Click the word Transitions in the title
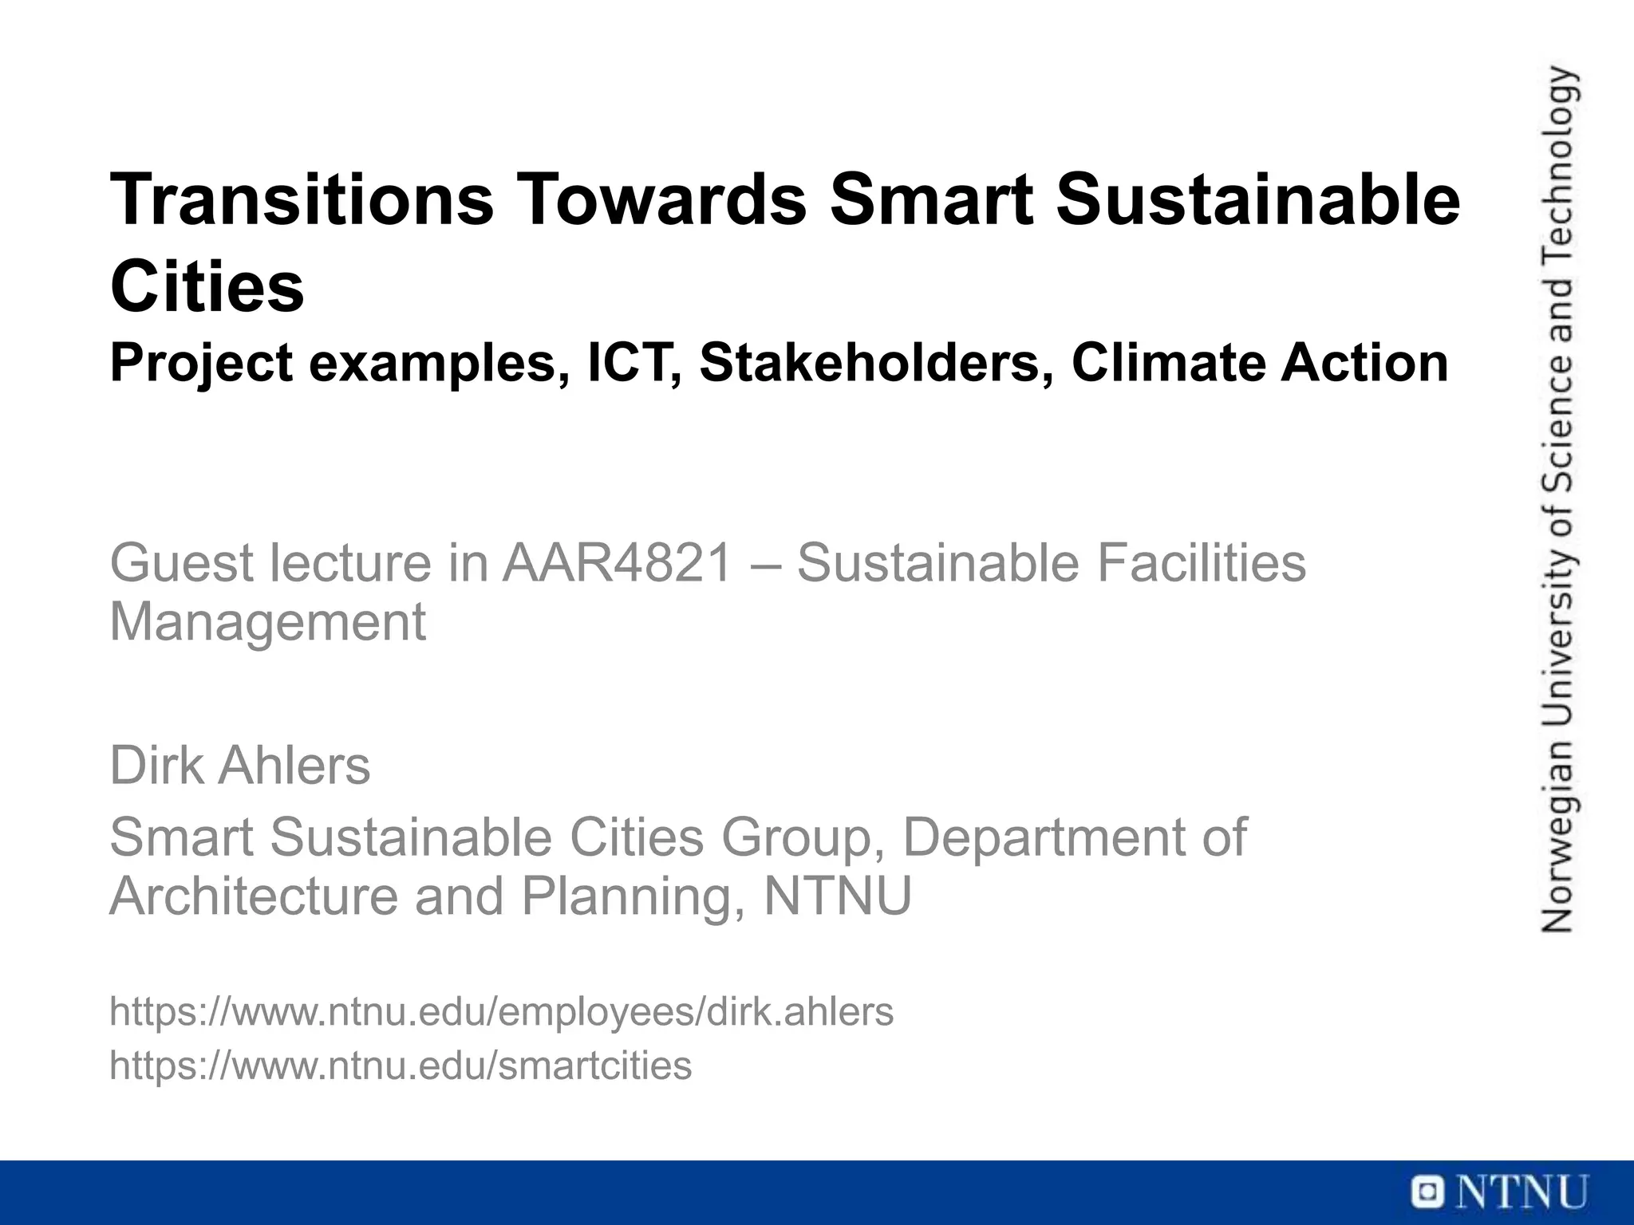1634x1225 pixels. (x=302, y=199)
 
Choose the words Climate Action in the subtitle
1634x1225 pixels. (x=1259, y=363)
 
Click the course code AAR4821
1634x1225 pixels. (x=617, y=563)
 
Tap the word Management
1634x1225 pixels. (x=267, y=622)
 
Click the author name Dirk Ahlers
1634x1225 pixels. (x=239, y=766)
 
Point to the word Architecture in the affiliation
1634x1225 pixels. (x=253, y=896)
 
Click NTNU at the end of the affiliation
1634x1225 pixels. (x=838, y=896)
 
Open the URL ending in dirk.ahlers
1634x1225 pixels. (x=501, y=1012)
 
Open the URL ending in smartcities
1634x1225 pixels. (x=401, y=1065)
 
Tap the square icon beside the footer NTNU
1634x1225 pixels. (x=1427, y=1193)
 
